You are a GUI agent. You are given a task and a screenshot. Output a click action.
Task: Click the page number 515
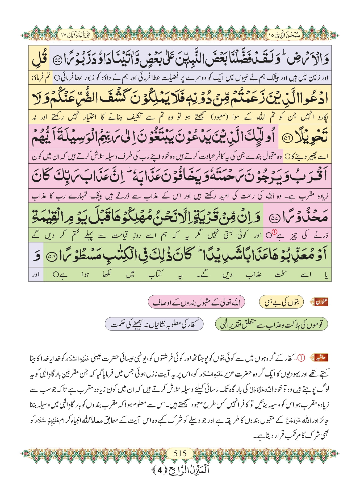coord(180,453)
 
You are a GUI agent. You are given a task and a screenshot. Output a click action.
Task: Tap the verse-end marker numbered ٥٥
coord(57,60)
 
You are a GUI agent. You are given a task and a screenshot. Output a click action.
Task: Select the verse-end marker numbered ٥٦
coord(287,139)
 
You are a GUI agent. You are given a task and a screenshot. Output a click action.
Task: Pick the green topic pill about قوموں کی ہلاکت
coord(271,324)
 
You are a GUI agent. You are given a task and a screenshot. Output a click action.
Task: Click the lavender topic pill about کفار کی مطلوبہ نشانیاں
coord(154,324)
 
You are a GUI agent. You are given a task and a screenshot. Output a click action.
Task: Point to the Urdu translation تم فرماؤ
coord(41,78)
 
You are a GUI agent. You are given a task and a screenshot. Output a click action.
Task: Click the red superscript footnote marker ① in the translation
coord(274,232)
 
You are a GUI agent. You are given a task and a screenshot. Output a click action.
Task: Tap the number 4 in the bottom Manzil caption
coord(160,470)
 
